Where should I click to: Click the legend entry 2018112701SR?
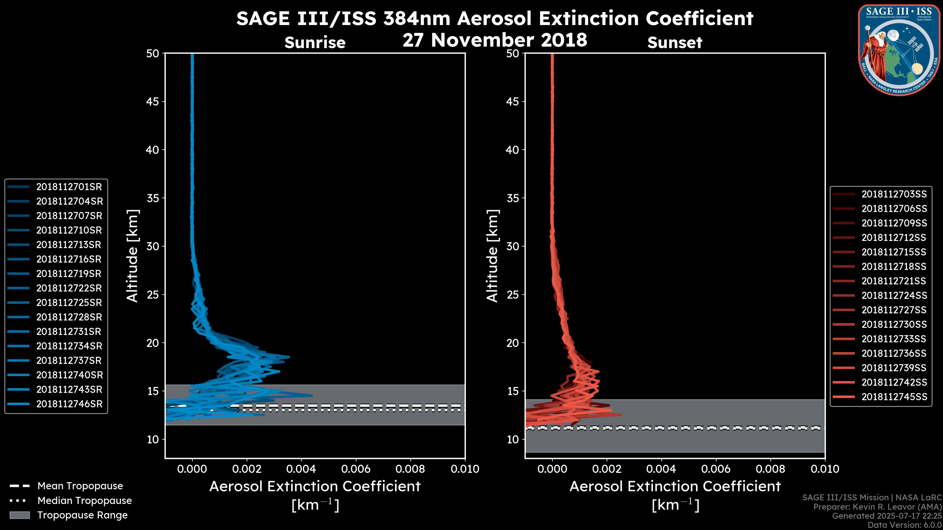pyautogui.click(x=69, y=187)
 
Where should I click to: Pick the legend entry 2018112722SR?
pyautogui.click(x=69, y=288)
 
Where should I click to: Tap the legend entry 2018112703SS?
pyautogui.click(x=894, y=194)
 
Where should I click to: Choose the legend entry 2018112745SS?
pyautogui.click(x=894, y=397)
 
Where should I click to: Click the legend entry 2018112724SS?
pyautogui.click(x=894, y=295)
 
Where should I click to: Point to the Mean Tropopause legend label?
pyautogui.click(x=80, y=486)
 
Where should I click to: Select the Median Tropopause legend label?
pyautogui.click(x=84, y=501)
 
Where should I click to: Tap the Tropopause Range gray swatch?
pyautogui.click(x=19, y=515)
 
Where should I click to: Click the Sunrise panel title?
pyautogui.click(x=315, y=43)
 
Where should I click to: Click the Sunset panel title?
pyautogui.click(x=675, y=43)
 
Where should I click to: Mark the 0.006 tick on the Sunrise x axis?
pyautogui.click(x=356, y=469)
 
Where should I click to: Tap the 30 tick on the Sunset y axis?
pyautogui.click(x=513, y=247)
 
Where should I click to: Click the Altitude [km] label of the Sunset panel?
pyautogui.click(x=492, y=256)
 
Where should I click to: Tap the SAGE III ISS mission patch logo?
pyautogui.click(x=898, y=50)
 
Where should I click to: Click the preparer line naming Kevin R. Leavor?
pyautogui.click(x=877, y=507)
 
